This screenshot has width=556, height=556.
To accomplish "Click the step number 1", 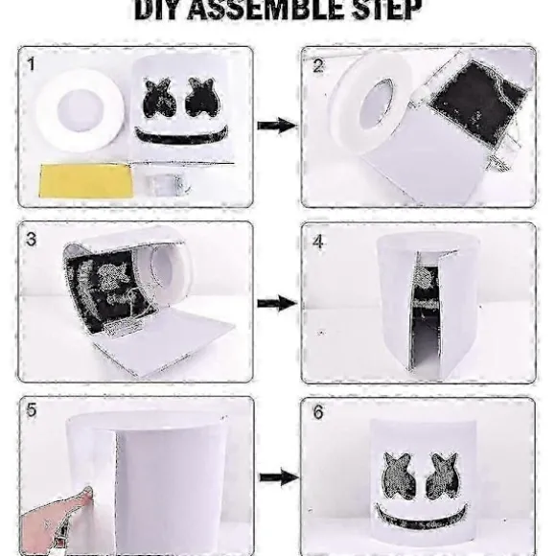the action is (32, 65).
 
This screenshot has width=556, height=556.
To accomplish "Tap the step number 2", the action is (318, 66).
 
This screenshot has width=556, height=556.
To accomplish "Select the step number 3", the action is (32, 240).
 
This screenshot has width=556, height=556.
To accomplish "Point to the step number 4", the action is (318, 242).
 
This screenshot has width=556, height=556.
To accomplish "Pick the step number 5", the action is (32, 410).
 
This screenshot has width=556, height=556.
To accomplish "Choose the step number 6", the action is (318, 412).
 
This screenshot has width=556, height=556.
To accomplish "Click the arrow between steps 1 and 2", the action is (277, 126).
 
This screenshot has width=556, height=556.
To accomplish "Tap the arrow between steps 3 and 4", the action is (277, 303).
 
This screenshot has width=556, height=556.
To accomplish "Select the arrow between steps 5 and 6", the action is (278, 477).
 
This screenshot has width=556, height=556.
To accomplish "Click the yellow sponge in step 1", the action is (86, 180).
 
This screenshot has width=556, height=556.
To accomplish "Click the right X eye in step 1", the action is (201, 98).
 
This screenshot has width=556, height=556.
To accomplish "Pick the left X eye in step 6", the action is (400, 476).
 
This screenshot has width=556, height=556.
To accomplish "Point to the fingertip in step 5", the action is (86, 492).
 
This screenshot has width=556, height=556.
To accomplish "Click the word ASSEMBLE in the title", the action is (265, 10).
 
